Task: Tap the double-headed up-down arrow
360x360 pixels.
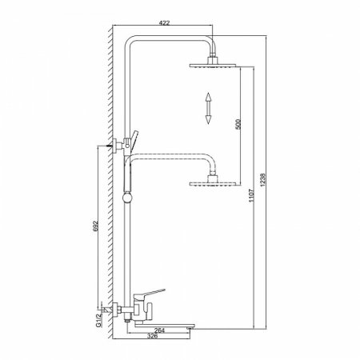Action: pyautogui.click(x=206, y=107)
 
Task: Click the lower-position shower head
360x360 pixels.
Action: pyautogui.click(x=214, y=186)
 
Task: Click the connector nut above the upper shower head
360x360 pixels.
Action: pyautogui.click(x=214, y=58)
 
